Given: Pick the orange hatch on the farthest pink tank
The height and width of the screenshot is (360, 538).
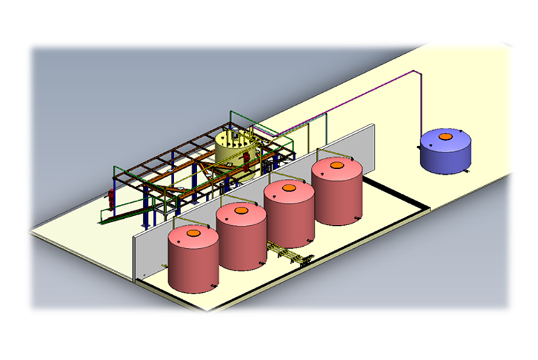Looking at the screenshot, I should (336, 166).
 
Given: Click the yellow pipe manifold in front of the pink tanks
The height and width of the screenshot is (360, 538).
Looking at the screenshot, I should (286, 254).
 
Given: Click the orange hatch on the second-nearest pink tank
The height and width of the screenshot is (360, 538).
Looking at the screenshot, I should (241, 210).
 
